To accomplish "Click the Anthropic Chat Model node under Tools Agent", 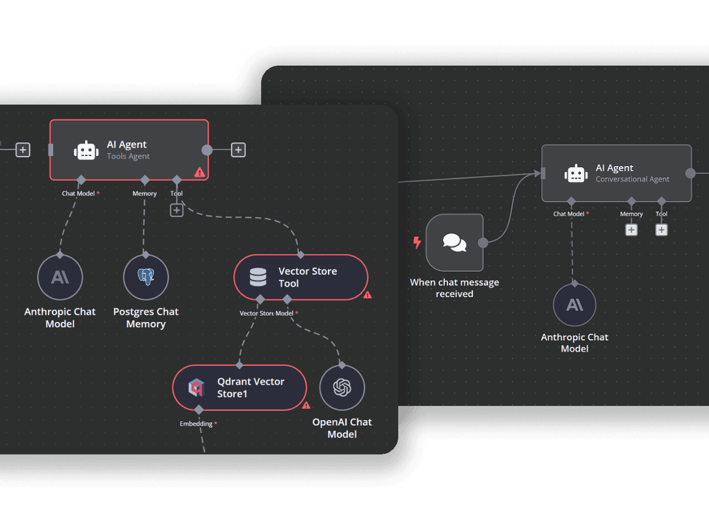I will pyautogui.click(x=60, y=277).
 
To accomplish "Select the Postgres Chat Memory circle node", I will pyautogui.click(x=145, y=277).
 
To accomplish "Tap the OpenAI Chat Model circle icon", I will pyautogui.click(x=342, y=388).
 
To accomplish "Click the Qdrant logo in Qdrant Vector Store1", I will pyautogui.click(x=196, y=388).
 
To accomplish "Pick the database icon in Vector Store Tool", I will pyautogui.click(x=258, y=277).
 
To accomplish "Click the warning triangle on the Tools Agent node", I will pyautogui.click(x=200, y=172).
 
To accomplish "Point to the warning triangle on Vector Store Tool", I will pyautogui.click(x=367, y=294).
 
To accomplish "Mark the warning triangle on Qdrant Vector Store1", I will pyautogui.click(x=306, y=405).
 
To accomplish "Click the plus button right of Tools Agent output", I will pyautogui.click(x=238, y=150).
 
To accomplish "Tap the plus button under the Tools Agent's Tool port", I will pyautogui.click(x=177, y=210).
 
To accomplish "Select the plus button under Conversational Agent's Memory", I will pyautogui.click(x=632, y=230).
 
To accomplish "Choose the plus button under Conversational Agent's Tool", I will pyautogui.click(x=662, y=230).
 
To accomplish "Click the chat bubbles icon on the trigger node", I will pyautogui.click(x=454, y=242).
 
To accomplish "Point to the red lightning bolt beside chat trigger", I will pyautogui.click(x=417, y=242).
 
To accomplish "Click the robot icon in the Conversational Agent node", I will pyautogui.click(x=575, y=174).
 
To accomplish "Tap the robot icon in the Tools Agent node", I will pyautogui.click(x=86, y=150).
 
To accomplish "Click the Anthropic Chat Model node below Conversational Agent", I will pyautogui.click(x=574, y=305).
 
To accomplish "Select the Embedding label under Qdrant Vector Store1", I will pyautogui.click(x=196, y=424).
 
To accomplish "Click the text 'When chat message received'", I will pyautogui.click(x=454, y=288).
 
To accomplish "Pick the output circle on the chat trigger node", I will pyautogui.click(x=483, y=242).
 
